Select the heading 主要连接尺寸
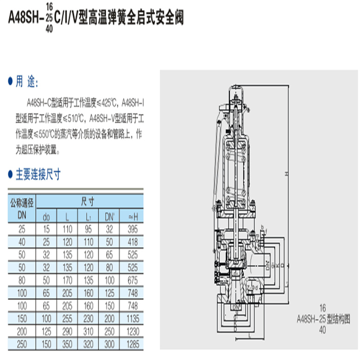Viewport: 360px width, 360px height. tap(38, 175)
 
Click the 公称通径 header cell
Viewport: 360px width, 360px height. tap(21, 202)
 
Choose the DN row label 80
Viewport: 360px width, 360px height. tap(21, 281)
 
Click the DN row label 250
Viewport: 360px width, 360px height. tap(21, 345)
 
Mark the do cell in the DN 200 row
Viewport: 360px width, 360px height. tap(46, 332)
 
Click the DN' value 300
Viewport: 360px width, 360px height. tap(110, 345)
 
